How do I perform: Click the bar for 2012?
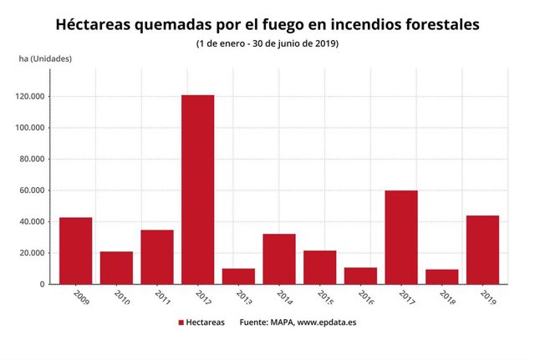197,190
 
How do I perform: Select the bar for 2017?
401,237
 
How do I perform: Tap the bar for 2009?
75,251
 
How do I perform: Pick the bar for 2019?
482,250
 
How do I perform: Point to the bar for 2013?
238,276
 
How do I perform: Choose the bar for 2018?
442,276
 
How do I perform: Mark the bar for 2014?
279,259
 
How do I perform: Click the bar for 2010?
116,267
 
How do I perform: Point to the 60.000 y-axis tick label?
33,190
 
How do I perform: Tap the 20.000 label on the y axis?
33,253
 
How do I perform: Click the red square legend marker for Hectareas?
181,321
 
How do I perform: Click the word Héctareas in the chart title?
94,24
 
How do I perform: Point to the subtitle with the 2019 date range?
267,43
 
